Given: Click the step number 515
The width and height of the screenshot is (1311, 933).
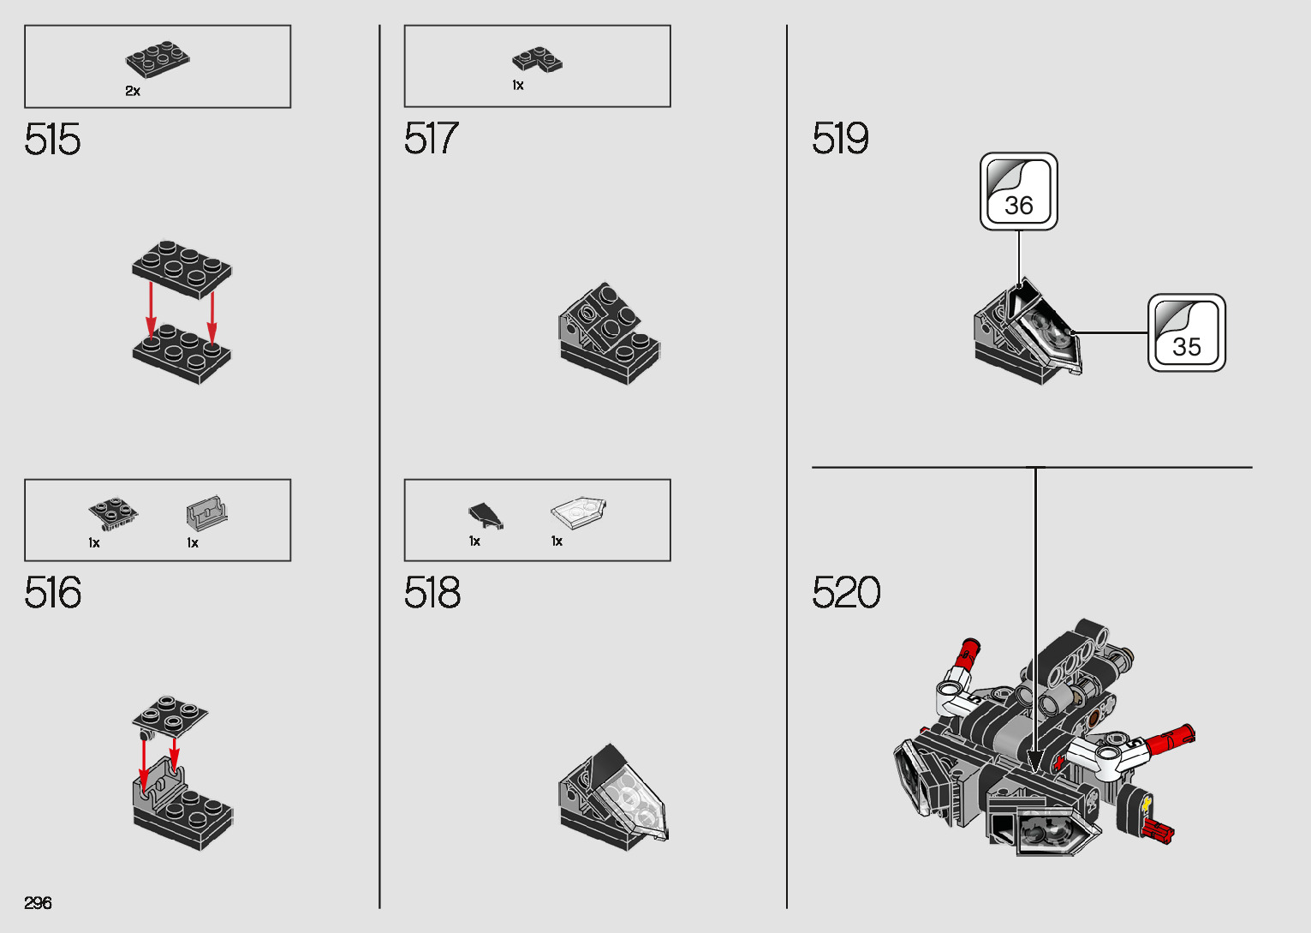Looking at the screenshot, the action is [x=52, y=139].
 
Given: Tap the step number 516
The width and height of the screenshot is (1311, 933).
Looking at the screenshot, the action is [x=52, y=593].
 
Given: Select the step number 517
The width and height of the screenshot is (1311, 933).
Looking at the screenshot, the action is [x=431, y=139].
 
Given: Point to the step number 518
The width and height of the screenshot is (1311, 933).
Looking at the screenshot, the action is [x=432, y=593].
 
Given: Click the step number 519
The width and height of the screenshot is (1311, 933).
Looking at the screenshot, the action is [x=839, y=139].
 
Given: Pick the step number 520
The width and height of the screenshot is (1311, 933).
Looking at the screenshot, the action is [x=845, y=593].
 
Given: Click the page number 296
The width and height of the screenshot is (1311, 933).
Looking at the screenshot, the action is [x=38, y=903].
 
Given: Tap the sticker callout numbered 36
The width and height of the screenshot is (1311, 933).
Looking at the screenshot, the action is [x=1018, y=192].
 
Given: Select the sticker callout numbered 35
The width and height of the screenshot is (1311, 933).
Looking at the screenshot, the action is [x=1186, y=333].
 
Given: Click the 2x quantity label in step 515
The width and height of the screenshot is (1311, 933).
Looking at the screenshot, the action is [x=133, y=91].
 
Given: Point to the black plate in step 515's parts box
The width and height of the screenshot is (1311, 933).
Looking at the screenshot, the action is [x=158, y=59].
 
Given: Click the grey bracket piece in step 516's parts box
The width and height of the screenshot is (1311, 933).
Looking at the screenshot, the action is [x=206, y=513].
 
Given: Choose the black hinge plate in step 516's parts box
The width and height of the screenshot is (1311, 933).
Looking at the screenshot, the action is [x=113, y=511].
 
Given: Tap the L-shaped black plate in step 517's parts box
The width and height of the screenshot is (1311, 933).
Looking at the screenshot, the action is [x=537, y=59].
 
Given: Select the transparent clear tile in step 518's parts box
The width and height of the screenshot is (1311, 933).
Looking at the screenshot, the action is [x=578, y=511].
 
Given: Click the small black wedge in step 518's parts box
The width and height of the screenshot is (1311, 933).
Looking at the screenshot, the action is [x=486, y=514].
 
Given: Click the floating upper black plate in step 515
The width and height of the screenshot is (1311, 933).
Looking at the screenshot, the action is [x=182, y=268].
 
